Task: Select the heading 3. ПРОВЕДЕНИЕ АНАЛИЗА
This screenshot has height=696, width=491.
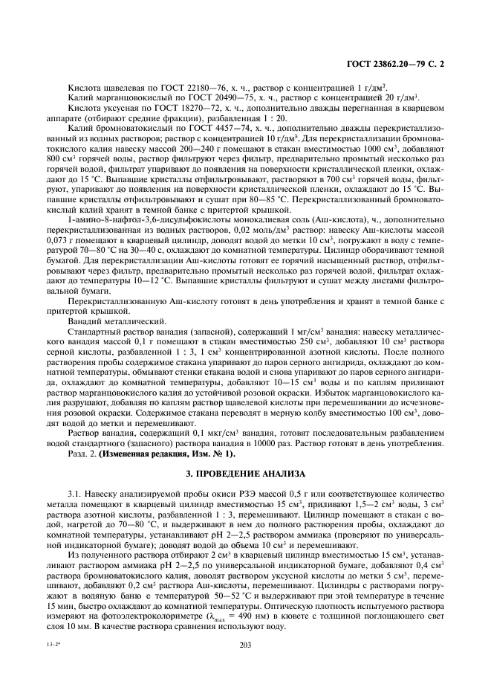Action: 246,474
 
